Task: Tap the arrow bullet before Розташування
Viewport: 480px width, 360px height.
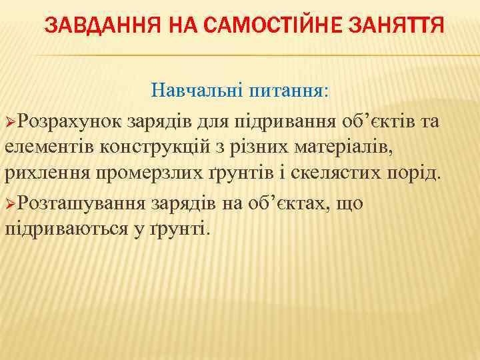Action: click(10, 203)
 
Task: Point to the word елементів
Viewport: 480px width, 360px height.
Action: click(47, 148)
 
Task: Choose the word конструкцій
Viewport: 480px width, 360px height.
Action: click(143, 148)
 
